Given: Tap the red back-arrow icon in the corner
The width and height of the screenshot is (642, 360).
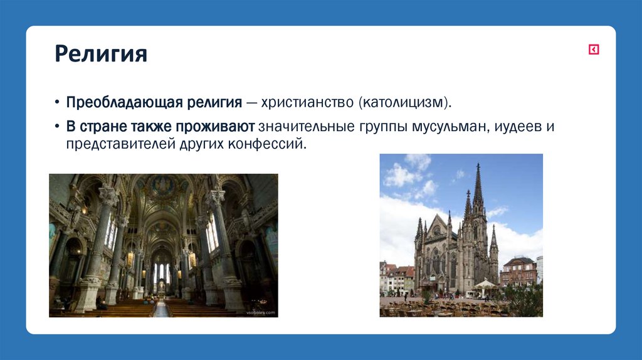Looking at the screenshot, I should pyautogui.click(x=593, y=50).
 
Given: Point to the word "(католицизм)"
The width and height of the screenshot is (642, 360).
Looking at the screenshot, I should pyautogui.click(x=405, y=102).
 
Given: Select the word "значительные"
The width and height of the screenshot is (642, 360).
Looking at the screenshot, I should pyautogui.click(x=297, y=126).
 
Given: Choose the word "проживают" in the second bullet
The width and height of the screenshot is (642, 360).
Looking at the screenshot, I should pyautogui.click(x=217, y=126).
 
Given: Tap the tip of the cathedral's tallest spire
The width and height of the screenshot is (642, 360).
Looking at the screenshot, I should pyautogui.click(x=478, y=165).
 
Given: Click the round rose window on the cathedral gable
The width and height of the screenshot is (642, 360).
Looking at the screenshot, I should pyautogui.click(x=436, y=230).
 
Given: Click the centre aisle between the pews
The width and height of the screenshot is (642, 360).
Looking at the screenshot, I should pyautogui.click(x=162, y=309).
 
